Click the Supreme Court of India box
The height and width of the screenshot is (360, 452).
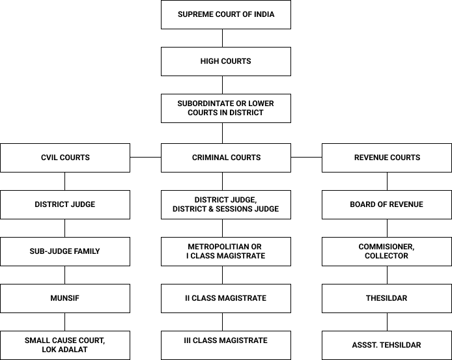pyautogui.click(x=225, y=14)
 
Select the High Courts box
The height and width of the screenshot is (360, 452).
pyautogui.click(x=225, y=61)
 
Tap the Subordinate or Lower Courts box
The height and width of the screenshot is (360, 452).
pyautogui.click(x=225, y=108)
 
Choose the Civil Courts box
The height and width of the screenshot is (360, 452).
pyautogui.click(x=65, y=158)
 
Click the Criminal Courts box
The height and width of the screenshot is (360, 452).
pyautogui.click(x=225, y=158)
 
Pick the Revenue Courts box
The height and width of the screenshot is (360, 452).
pyautogui.click(x=386, y=158)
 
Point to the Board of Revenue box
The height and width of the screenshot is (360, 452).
pyautogui.click(x=386, y=204)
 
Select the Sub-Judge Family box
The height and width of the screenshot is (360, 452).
pyautogui.click(x=65, y=251)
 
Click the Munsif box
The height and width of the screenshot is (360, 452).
pyautogui.click(x=65, y=298)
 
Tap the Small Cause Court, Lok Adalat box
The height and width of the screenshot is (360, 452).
pyautogui.click(x=65, y=345)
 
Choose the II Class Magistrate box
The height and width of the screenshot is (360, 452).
pyautogui.click(x=225, y=298)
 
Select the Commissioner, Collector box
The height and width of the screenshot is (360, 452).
pyautogui.click(x=386, y=251)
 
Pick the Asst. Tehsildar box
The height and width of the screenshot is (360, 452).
pyautogui.click(x=386, y=345)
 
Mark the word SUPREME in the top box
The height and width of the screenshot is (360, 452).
pyautogui.click(x=194, y=14)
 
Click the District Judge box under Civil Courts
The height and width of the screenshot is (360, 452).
pyautogui.click(x=65, y=204)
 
